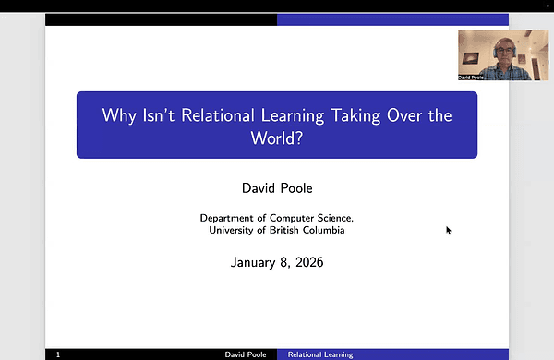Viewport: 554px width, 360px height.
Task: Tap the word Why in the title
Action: tap(120, 117)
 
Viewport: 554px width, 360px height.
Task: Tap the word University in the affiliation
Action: tap(235, 230)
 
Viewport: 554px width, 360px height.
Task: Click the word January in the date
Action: tap(255, 263)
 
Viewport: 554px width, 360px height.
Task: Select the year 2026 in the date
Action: tap(307, 263)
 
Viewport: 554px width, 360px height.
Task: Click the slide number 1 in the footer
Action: tap(58, 354)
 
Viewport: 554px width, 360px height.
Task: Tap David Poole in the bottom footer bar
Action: tap(247, 354)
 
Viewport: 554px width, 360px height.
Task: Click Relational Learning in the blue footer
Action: tap(320, 354)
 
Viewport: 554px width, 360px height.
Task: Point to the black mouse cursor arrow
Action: tap(449, 230)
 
